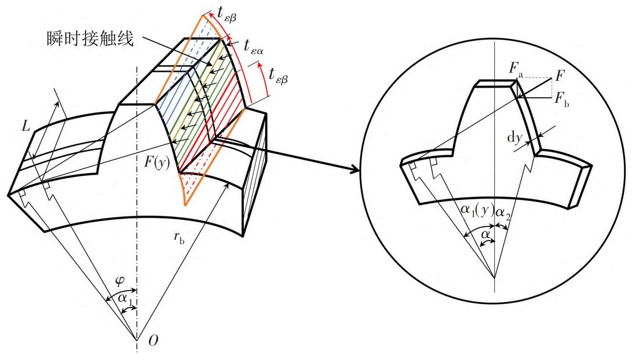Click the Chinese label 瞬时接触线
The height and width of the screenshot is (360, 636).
point(90,38)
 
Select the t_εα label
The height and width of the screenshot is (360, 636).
point(253,47)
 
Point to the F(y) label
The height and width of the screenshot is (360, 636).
point(157,162)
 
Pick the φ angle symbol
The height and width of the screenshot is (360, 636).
point(119,280)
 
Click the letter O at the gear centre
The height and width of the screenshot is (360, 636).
point(153,341)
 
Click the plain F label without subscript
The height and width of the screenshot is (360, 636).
point(560,76)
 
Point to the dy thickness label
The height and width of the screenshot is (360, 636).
point(515,138)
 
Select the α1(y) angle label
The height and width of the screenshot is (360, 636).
point(477,210)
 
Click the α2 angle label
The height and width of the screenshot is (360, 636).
point(503,214)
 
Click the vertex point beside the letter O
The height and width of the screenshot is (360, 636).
point(137,340)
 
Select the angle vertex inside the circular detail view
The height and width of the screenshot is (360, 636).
point(495,278)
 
